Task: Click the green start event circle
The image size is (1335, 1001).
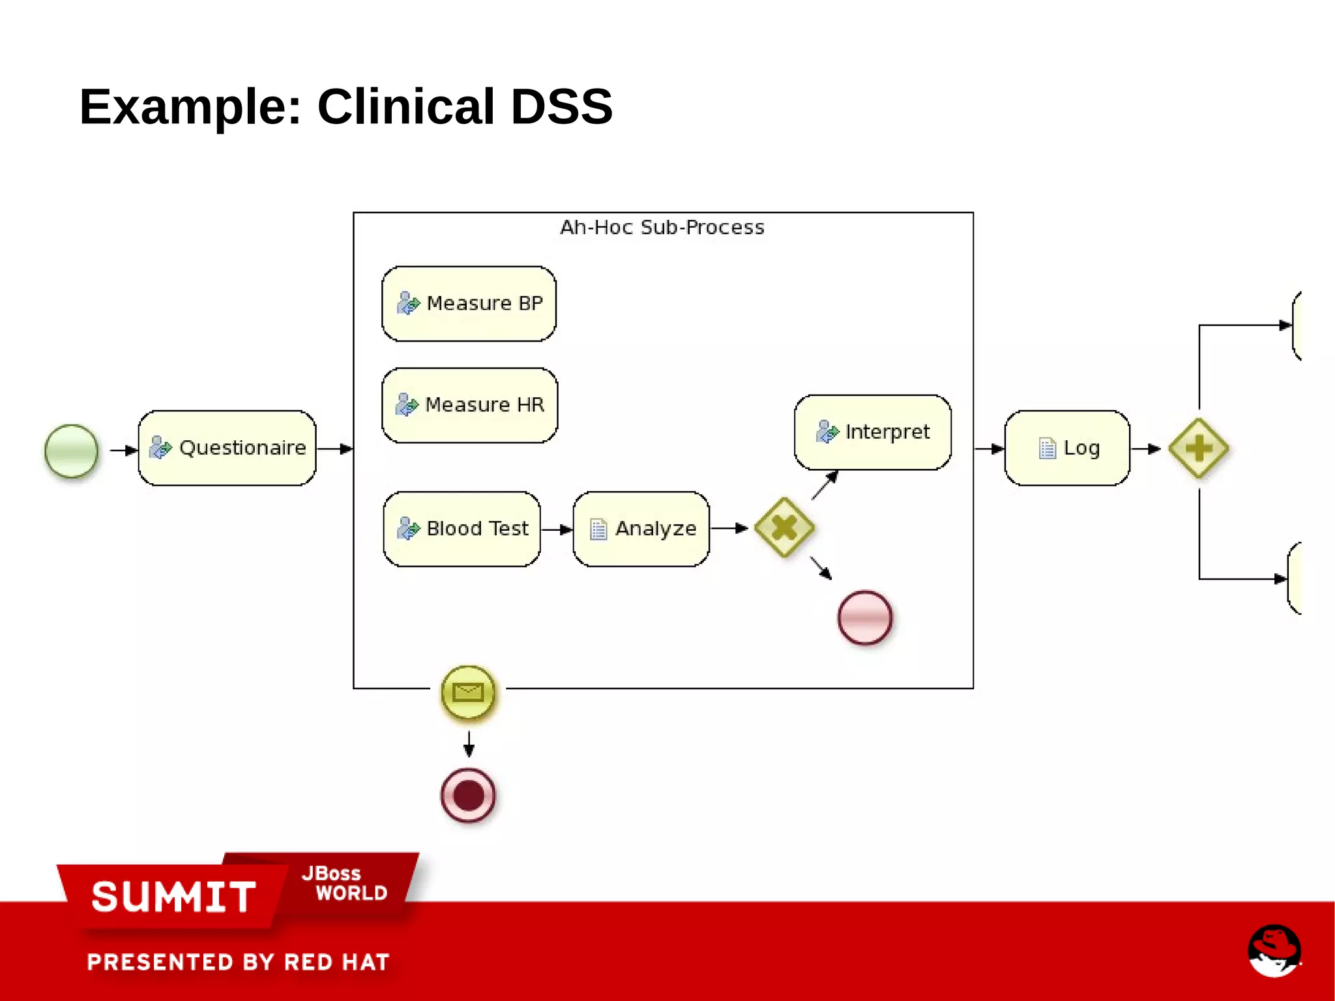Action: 72,451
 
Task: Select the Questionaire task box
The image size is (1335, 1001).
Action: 227,448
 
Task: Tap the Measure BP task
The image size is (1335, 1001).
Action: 469,304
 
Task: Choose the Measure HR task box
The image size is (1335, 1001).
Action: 469,405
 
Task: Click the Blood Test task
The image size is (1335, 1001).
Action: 462,529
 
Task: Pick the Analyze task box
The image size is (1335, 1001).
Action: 641,529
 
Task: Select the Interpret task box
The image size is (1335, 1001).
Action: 872,432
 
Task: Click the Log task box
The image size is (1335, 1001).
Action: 1067,448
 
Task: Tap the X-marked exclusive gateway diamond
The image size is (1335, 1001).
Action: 784,528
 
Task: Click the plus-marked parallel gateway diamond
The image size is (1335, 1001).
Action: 1198,448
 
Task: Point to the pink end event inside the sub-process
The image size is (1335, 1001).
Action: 864,618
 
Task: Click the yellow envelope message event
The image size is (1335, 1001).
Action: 468,692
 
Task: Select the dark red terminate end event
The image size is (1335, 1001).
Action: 468,796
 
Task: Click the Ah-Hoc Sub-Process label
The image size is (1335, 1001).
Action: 662,228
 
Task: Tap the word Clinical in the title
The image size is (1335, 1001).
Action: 405,106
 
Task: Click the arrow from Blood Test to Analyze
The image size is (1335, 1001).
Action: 556,530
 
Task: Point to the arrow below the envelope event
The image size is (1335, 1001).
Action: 469,743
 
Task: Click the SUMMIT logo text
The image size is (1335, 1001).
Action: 173,897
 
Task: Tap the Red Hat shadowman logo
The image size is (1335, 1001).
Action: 1274,950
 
